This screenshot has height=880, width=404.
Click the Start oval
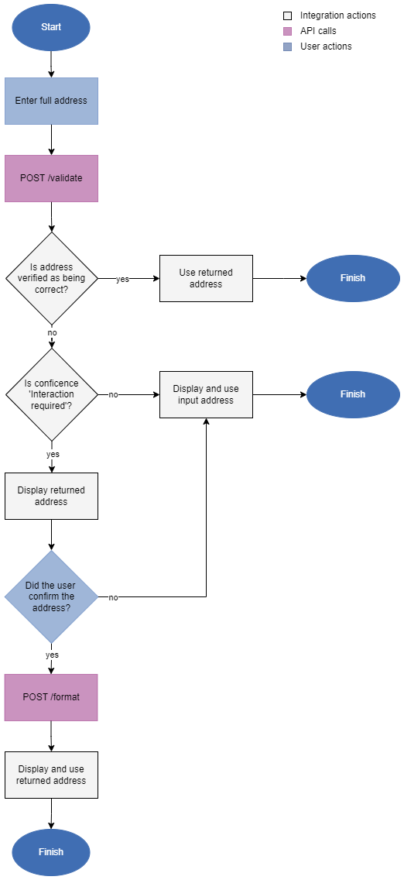[51, 27]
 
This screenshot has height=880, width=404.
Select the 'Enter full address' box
[51, 101]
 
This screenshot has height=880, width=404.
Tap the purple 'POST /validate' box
[51, 178]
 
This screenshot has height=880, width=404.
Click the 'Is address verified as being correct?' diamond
[52, 278]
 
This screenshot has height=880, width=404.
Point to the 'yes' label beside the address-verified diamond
[122, 279]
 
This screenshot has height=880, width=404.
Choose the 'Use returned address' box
[206, 278]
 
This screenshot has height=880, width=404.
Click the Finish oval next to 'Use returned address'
[353, 278]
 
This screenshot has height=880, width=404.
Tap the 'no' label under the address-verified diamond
[52, 332]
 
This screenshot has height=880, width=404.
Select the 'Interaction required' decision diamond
[52, 394]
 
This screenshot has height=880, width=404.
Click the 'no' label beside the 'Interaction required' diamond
[113, 394]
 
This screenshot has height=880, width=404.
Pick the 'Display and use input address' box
[206, 394]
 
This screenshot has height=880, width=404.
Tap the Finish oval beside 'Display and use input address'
[353, 394]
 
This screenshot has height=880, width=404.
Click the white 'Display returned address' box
[51, 496]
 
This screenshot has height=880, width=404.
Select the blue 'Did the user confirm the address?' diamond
[51, 596]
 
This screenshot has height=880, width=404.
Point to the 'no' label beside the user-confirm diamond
[113, 597]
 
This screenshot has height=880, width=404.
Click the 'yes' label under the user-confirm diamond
[52, 655]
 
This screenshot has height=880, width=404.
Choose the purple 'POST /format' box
[51, 697]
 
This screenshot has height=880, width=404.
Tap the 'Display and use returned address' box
[51, 775]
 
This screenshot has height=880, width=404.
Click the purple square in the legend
[288, 31]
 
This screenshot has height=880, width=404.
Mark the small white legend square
[288, 15]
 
